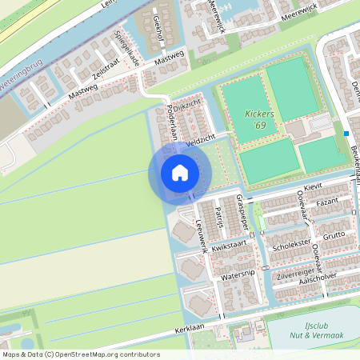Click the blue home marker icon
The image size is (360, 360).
point(180,173)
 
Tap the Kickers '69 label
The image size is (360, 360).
point(260,120)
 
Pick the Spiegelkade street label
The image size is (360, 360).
point(127,49)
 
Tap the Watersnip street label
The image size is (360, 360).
point(236,274)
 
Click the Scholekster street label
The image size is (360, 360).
point(290,246)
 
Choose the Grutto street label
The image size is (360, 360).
point(334,234)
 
